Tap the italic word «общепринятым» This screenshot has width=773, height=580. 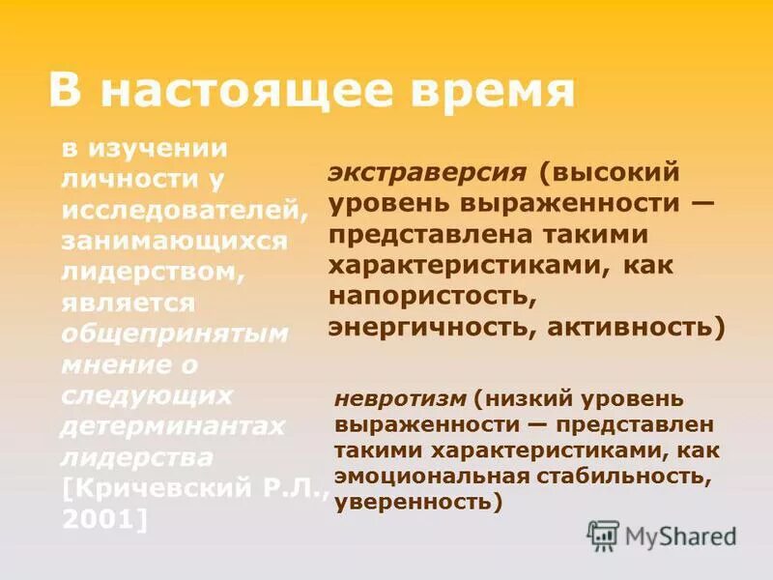(174, 333)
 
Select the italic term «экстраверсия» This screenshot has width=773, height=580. (427, 173)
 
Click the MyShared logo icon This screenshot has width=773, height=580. (603, 535)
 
